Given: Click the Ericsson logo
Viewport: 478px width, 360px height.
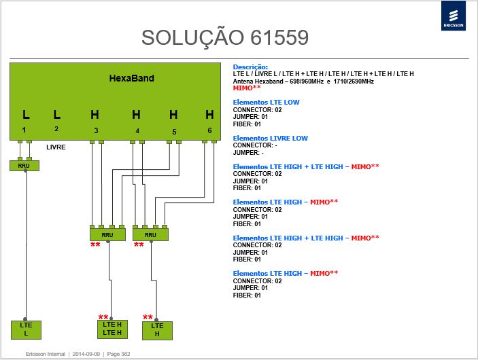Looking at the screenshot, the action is (x=454, y=16).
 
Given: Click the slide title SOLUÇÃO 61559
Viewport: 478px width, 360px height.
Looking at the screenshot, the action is (x=225, y=38).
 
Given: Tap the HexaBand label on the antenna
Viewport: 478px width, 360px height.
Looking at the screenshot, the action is (x=132, y=78).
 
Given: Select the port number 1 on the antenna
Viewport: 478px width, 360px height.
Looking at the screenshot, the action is (x=24, y=130).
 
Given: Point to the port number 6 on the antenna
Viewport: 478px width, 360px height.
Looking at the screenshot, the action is (x=209, y=130).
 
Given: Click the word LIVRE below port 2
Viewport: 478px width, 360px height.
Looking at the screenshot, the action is (x=56, y=147).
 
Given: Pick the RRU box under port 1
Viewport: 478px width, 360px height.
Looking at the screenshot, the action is (x=24, y=166).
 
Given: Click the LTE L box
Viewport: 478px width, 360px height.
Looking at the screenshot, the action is (x=26, y=330).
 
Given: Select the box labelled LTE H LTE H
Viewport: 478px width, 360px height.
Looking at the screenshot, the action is (x=112, y=329).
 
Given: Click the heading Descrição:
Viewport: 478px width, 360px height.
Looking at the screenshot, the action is (x=250, y=67).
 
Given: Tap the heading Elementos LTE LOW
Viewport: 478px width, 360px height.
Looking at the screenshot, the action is (x=266, y=103).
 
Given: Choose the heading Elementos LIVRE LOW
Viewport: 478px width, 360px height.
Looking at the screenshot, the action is (x=271, y=139).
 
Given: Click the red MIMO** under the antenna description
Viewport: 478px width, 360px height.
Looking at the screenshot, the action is (x=247, y=88).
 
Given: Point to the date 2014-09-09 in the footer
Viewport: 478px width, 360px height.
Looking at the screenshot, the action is (x=86, y=354).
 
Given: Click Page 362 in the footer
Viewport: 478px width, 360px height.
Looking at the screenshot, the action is (x=118, y=354).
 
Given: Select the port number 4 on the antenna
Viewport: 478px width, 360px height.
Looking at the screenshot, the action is (x=137, y=130).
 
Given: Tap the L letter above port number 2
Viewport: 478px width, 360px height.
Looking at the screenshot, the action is (x=56, y=115).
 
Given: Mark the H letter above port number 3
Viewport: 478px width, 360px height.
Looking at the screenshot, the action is (x=95, y=115).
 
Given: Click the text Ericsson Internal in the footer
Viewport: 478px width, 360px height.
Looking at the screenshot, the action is (x=46, y=354).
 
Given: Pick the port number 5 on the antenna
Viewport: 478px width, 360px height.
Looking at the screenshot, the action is (x=174, y=132).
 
